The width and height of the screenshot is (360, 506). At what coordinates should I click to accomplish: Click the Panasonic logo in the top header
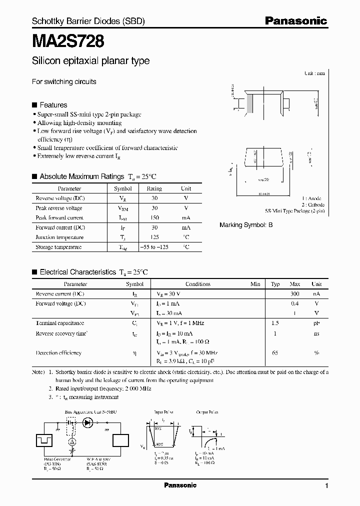click(x=295, y=21)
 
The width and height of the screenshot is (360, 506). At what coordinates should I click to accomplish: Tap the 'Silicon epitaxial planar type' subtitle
click(x=90, y=61)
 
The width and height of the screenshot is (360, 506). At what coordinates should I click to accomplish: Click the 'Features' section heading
click(x=53, y=105)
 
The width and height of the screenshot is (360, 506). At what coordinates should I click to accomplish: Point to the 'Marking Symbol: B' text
click(x=246, y=225)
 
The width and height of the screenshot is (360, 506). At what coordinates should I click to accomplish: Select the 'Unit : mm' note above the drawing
click(x=314, y=73)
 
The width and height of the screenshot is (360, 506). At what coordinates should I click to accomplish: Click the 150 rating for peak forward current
click(x=154, y=217)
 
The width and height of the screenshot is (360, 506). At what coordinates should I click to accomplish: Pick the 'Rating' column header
click(x=154, y=188)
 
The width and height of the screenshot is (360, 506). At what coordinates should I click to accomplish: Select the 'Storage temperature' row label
click(x=58, y=247)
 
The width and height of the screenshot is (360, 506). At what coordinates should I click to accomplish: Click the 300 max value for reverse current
click(x=295, y=293)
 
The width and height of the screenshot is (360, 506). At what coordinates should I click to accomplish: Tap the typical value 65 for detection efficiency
click(x=275, y=353)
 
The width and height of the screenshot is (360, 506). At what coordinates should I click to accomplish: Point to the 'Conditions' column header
click(x=198, y=284)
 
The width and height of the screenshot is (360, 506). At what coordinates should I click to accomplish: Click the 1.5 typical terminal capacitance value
click(x=275, y=323)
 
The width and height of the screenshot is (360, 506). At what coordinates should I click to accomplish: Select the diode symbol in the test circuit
click(x=87, y=422)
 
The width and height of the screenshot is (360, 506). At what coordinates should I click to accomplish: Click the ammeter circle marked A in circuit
click(x=72, y=442)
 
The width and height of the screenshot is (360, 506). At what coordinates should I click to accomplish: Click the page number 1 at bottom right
click(x=326, y=486)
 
